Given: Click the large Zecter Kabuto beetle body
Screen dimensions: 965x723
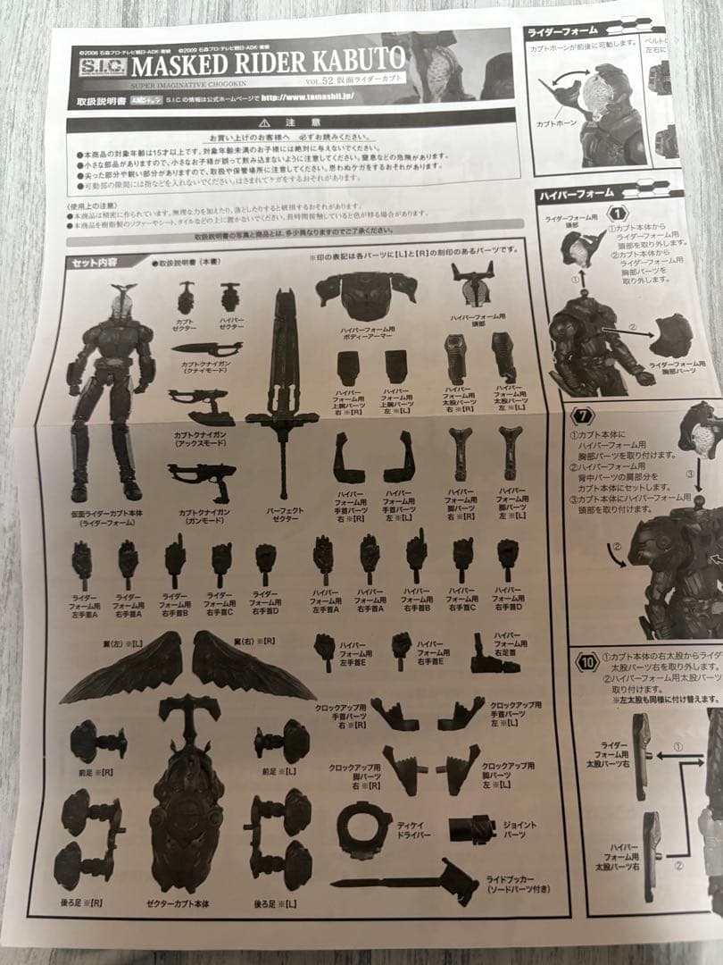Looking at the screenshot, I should click(x=187, y=804).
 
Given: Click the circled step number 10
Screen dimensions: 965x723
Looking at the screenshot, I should click(x=586, y=664).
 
